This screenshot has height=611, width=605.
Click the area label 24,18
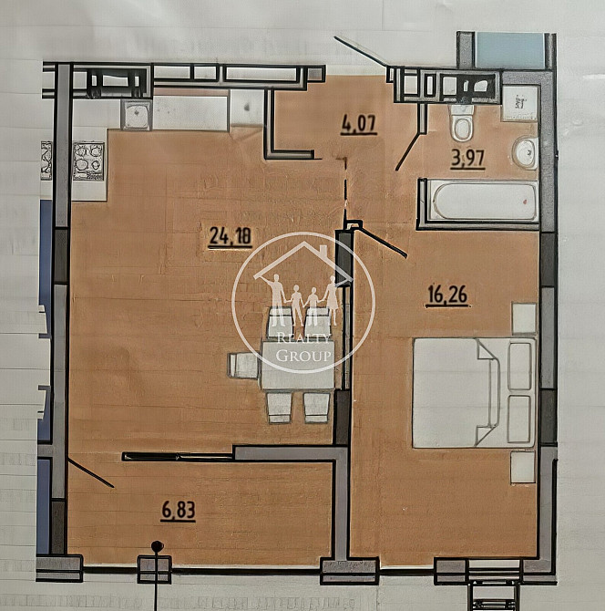pyautogui.click(x=230, y=237)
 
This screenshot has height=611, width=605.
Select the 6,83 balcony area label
pyautogui.click(x=179, y=511)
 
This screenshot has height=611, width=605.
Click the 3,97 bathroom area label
pyautogui.click(x=467, y=157)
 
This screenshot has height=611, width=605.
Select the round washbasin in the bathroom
pyautogui.click(x=526, y=153)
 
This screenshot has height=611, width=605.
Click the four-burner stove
pyautogui.click(x=89, y=159)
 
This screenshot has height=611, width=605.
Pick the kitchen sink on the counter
pyautogui.click(x=137, y=114)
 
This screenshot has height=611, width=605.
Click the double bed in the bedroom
pyautogui.click(x=474, y=392)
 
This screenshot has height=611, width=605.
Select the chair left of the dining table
pyautogui.click(x=244, y=366)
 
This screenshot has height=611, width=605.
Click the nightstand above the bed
pyautogui.click(x=524, y=318)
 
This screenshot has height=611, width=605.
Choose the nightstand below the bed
pyautogui.click(x=523, y=466)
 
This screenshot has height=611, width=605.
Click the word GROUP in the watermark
pyautogui.click(x=303, y=355)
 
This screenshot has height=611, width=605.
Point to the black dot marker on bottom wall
pyautogui.click(x=157, y=547)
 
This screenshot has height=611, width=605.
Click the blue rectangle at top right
pyautogui.click(x=509, y=50)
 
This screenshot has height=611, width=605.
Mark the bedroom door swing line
pyautogui.click(x=381, y=243)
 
